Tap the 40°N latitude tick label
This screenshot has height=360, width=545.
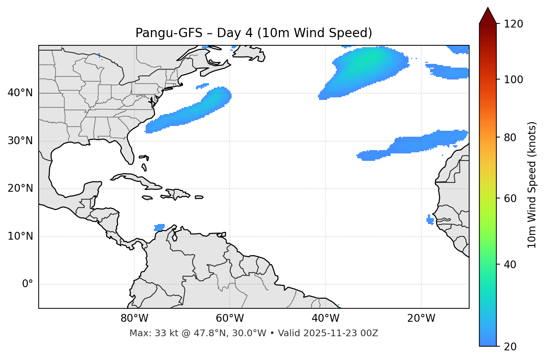[20, 93]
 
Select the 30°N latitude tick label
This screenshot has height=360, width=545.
[20, 141]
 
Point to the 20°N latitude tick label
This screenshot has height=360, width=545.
[20, 188]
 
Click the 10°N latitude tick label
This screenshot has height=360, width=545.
[20, 236]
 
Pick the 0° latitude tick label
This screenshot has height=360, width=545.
[28, 284]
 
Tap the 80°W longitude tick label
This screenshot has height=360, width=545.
[134, 318]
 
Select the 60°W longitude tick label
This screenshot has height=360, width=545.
[230, 318]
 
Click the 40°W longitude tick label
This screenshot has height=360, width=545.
[325, 318]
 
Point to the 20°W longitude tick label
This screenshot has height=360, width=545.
[421, 318]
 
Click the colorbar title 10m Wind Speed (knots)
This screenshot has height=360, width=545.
[532, 185]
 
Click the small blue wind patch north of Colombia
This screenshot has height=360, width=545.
[159, 227]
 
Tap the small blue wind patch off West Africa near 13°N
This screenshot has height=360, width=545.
[430, 220]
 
